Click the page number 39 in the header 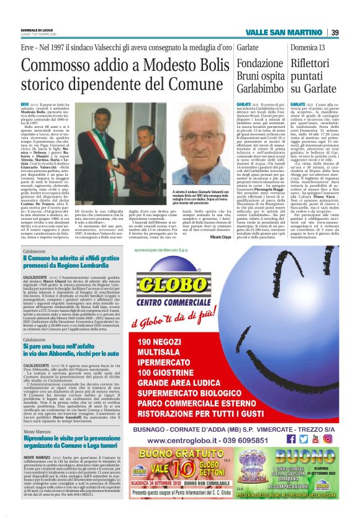coord(334,33)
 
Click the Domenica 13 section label coord(308,48)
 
